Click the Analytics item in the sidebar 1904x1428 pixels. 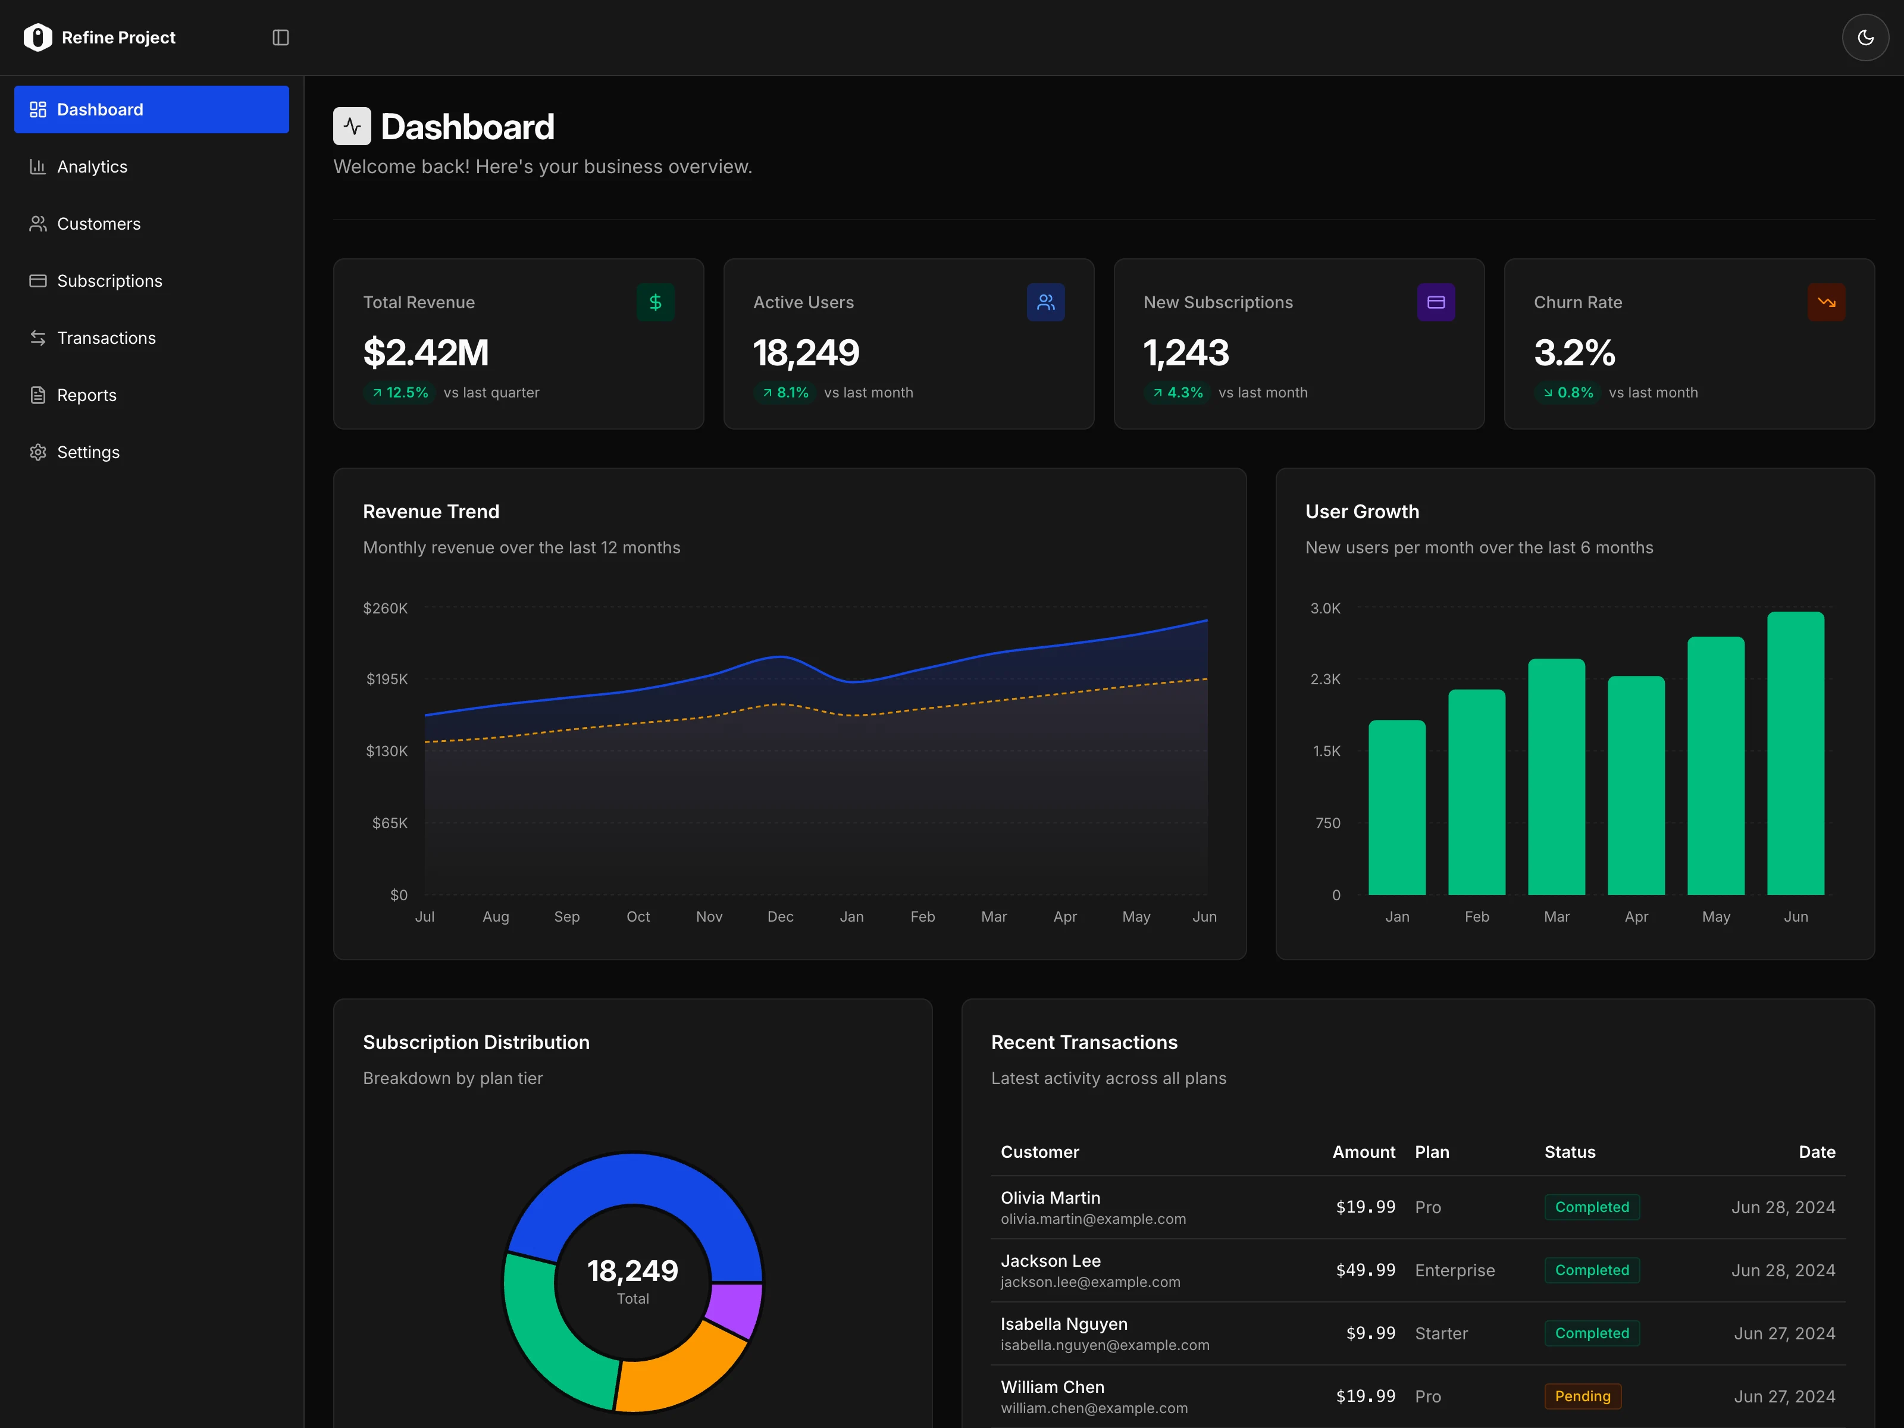pyautogui.click(x=92, y=167)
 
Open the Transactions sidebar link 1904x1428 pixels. pyautogui.click(x=106, y=339)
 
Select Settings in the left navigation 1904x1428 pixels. pyautogui.click(x=88, y=453)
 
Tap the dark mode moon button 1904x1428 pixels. pyautogui.click(x=1864, y=38)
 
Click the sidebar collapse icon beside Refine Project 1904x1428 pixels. pyautogui.click(x=281, y=38)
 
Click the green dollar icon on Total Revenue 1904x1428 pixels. pyautogui.click(x=655, y=302)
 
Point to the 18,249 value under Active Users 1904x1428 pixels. pyautogui.click(x=806, y=353)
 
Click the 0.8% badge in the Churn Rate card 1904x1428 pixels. pyautogui.click(x=1567, y=393)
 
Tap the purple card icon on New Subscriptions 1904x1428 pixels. pyautogui.click(x=1436, y=302)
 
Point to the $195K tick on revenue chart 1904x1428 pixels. pyautogui.click(x=387, y=679)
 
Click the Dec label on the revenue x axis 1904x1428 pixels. pyautogui.click(x=780, y=917)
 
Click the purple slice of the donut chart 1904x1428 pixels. pyautogui.click(x=734, y=1308)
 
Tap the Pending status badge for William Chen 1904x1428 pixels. pyautogui.click(x=1582, y=1396)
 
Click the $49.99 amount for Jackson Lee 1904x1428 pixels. pyautogui.click(x=1365, y=1270)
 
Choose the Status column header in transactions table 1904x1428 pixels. pyautogui.click(x=1569, y=1152)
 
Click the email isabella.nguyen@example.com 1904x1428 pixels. pyautogui.click(x=1104, y=1345)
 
